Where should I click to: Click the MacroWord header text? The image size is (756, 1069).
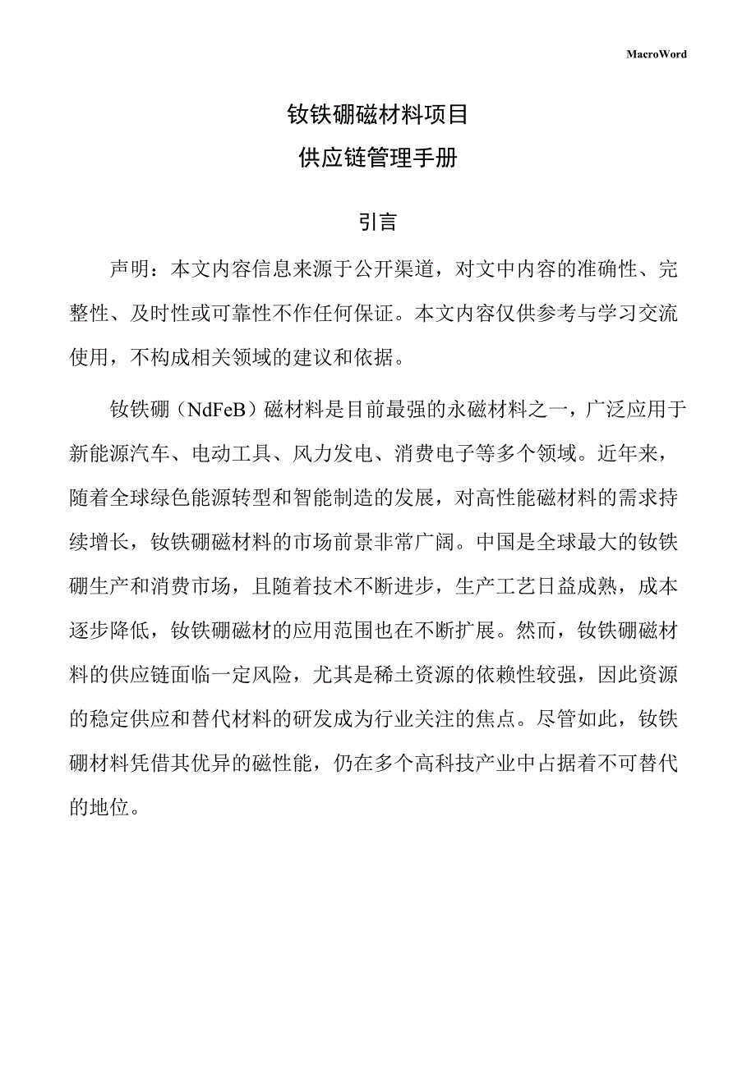click(656, 54)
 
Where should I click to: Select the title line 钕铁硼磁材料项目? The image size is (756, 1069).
click(377, 114)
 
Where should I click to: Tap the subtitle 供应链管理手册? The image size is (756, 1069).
click(377, 158)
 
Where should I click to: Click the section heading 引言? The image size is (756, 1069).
click(377, 222)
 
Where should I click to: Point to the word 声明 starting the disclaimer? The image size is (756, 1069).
click(130, 269)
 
